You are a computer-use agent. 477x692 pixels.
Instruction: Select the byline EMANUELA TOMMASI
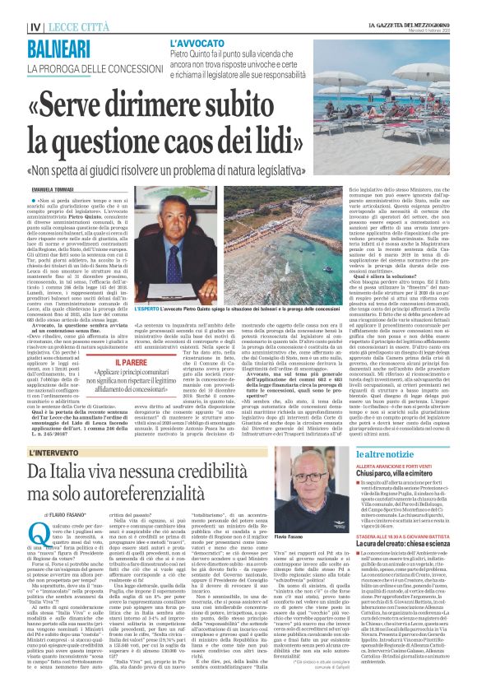(47, 189)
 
